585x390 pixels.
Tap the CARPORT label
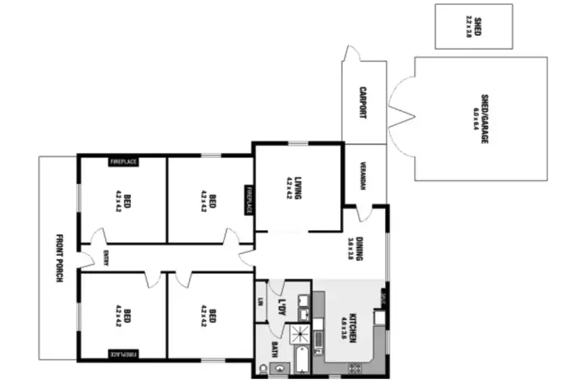[363, 102]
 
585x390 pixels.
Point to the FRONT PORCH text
[58, 258]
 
